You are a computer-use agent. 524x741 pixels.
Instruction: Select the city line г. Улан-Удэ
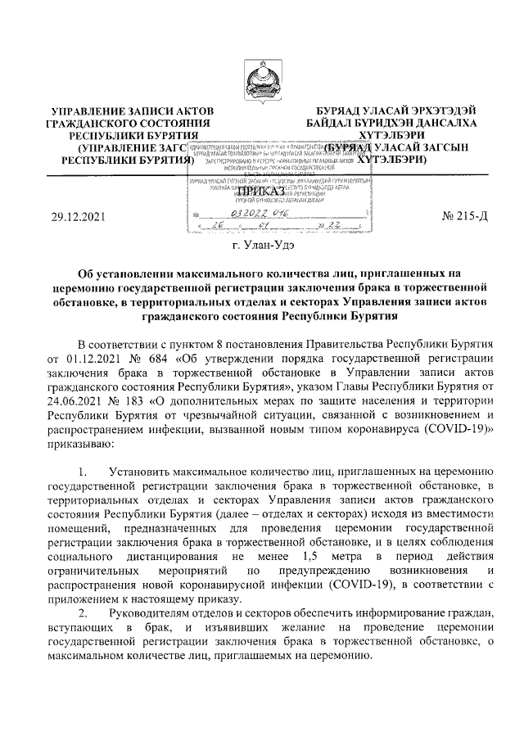pyautogui.click(x=262, y=244)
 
